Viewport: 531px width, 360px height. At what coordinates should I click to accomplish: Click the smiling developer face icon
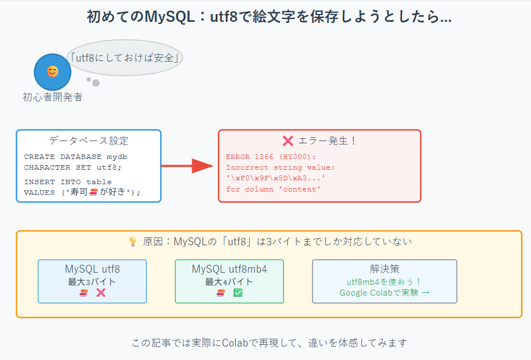[x=52, y=72]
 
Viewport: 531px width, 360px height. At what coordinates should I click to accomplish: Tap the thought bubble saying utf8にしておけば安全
[x=125, y=57]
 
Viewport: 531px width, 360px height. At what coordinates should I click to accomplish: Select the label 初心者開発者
[x=52, y=97]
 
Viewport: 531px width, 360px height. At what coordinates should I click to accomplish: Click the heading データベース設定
[x=88, y=141]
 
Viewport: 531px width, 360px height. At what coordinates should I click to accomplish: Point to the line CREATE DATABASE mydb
[x=76, y=157]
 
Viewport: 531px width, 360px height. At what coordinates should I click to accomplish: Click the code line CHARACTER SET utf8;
[x=72, y=167]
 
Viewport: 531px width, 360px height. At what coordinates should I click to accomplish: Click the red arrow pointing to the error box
[x=188, y=166]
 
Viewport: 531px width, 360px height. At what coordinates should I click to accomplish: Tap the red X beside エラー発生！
[x=288, y=141]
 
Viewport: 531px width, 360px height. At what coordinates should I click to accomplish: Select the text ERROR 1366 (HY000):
[x=271, y=157]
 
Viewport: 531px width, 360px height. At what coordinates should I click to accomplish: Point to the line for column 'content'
[x=273, y=189]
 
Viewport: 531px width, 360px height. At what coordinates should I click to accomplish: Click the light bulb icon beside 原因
[x=133, y=242]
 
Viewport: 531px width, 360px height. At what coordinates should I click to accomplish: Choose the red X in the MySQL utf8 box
[x=101, y=293]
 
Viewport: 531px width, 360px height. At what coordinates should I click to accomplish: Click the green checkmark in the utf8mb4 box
[x=237, y=293]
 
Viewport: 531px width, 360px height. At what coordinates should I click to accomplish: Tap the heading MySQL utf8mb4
[x=229, y=269]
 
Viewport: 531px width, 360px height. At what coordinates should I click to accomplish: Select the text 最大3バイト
[x=92, y=282]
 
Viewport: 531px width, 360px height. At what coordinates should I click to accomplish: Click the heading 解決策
[x=384, y=269]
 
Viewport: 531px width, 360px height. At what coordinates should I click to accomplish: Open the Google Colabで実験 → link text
[x=384, y=292]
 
